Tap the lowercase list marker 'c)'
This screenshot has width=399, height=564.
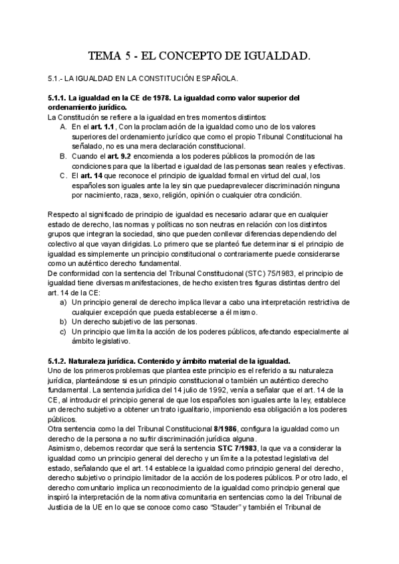[x=63, y=331]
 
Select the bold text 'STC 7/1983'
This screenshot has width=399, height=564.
[x=233, y=448]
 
